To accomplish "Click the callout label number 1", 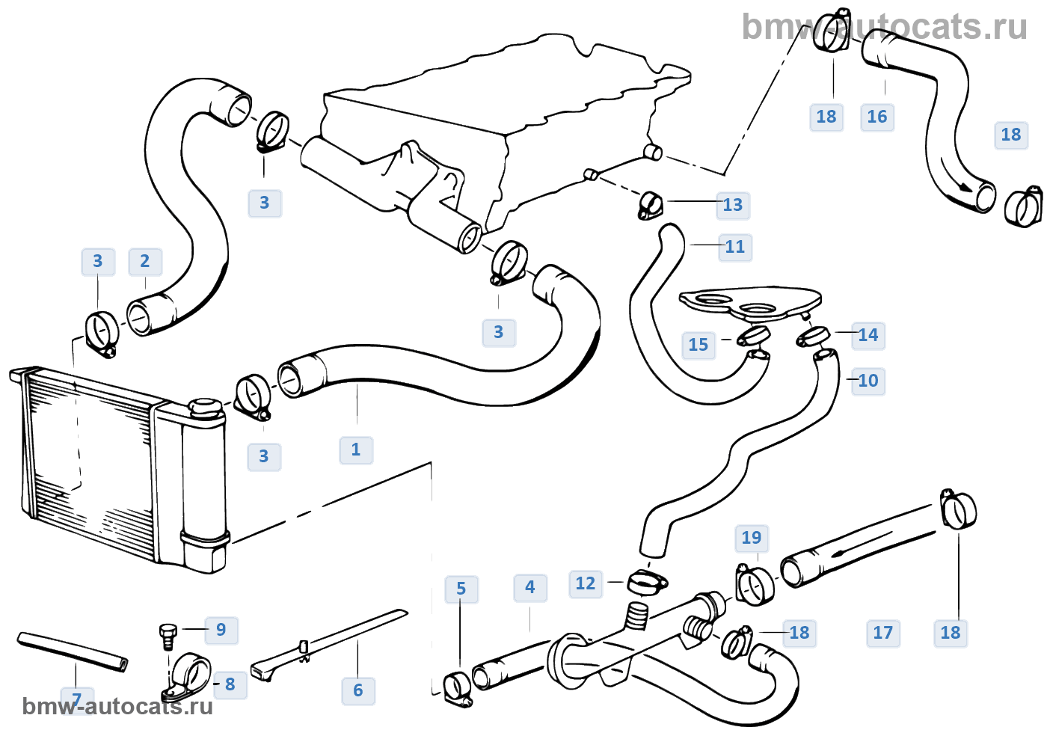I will click(x=356, y=450).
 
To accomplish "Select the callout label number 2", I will click(x=145, y=261).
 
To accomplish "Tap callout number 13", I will click(x=732, y=205).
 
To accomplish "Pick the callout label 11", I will click(x=735, y=247).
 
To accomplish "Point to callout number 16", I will click(x=876, y=117).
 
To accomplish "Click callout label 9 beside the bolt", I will click(x=221, y=630).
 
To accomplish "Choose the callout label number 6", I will click(x=357, y=690).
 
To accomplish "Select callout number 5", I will click(x=461, y=589).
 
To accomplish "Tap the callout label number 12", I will click(x=586, y=583).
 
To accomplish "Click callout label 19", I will click(x=752, y=538).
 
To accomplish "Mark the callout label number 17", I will click(x=882, y=633).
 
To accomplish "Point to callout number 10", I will click(x=868, y=381).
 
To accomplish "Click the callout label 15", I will click(x=698, y=345).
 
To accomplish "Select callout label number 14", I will click(x=868, y=335).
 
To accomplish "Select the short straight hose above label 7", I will click(x=73, y=651).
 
